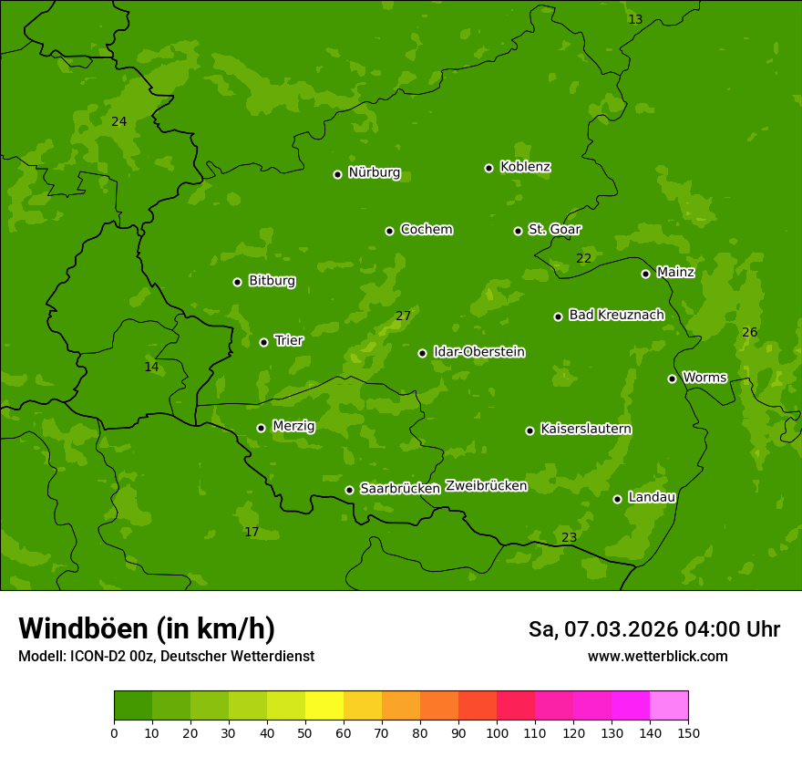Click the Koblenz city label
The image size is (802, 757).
[525, 167]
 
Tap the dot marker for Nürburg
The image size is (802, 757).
[337, 174]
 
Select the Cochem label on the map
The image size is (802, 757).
[426, 229]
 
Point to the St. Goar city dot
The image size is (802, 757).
[518, 231]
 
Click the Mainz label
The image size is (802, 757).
[675, 272]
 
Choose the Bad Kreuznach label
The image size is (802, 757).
[616, 315]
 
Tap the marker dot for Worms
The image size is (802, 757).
[672, 378]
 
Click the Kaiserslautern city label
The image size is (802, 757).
[586, 429]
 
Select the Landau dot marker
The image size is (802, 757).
[617, 499]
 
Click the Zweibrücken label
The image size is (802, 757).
[486, 486]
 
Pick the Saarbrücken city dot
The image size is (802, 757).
[349, 490]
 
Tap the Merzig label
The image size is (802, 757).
[293, 426]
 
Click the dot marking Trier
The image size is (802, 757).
[263, 342]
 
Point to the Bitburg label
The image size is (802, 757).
[272, 281]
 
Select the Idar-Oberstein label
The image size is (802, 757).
[478, 352]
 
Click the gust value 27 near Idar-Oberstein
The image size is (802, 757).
[403, 316]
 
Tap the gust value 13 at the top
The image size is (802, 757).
[635, 20]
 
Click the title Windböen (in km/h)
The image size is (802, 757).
[147, 628]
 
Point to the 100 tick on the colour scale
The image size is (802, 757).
[497, 732]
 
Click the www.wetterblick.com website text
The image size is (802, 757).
[657, 657]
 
